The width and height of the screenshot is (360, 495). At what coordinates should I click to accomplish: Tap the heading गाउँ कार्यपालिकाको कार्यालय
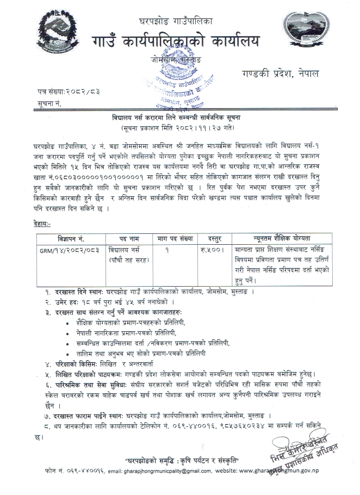[178, 41]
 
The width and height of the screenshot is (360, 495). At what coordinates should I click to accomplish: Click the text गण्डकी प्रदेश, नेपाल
[281, 73]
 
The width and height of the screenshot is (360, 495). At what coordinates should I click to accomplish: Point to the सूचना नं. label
[49, 102]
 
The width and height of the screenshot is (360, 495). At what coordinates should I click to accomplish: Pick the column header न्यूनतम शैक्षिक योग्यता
[281, 239]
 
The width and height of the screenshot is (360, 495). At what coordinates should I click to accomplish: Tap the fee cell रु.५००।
[212, 251]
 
